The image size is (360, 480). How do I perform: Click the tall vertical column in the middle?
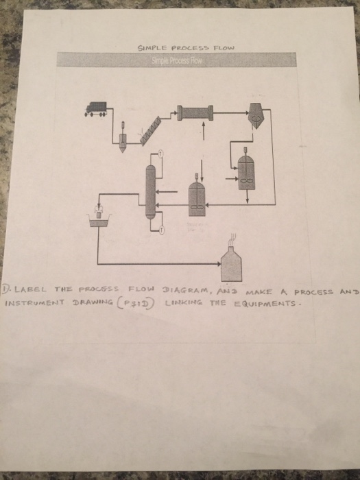click(x=149, y=191)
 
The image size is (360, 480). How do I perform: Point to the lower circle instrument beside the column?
click(x=162, y=230)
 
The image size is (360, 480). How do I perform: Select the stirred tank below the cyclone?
click(x=245, y=170)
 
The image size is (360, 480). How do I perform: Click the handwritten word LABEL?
click(x=30, y=289)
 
